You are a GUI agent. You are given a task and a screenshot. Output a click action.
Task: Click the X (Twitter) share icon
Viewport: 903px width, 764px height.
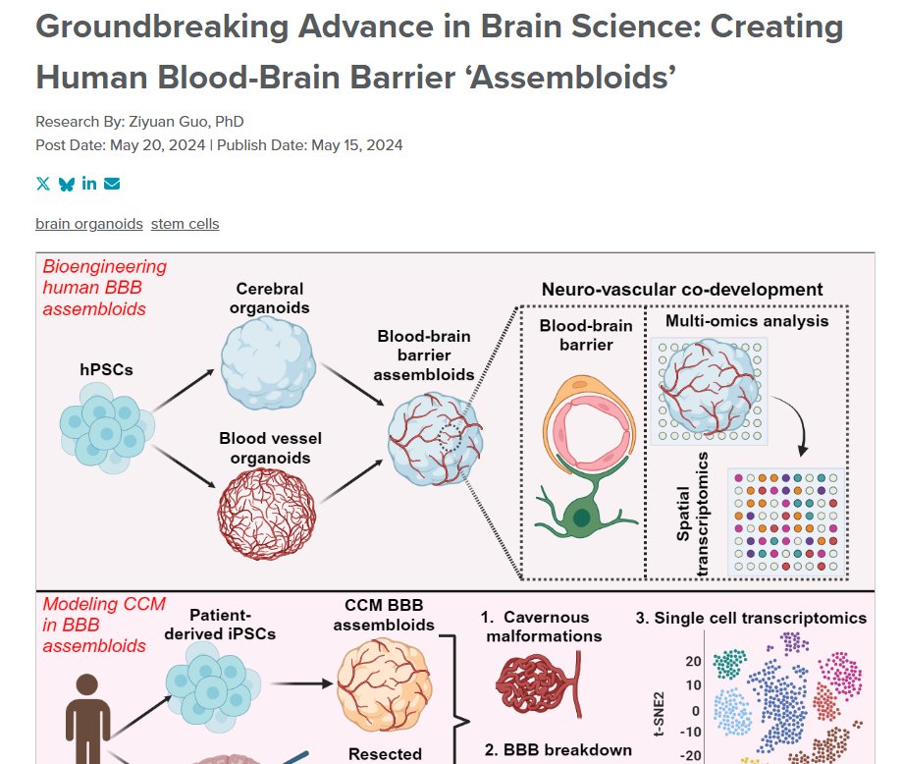42,184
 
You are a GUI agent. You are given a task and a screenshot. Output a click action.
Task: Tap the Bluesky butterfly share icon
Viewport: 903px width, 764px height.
66,184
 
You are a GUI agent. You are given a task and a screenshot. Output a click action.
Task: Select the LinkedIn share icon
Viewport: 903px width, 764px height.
89,184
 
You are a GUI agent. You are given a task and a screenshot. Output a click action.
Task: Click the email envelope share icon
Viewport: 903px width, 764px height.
112,184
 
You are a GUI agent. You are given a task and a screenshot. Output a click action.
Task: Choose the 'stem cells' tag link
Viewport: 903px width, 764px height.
185,224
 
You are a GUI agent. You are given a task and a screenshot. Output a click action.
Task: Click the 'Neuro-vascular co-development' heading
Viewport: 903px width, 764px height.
682,290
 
